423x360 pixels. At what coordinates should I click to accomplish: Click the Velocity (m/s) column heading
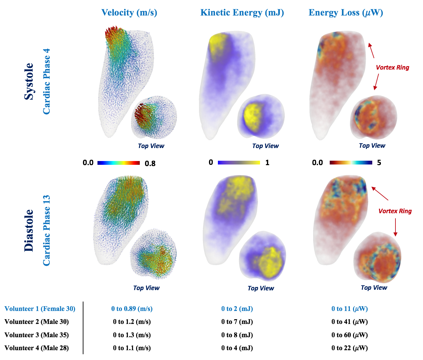pyautogui.click(x=129, y=13)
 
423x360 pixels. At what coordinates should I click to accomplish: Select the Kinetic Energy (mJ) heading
pyautogui.click(x=242, y=13)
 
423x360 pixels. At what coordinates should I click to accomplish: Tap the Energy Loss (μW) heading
pyautogui.click(x=346, y=13)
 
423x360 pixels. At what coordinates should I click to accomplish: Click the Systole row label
pyautogui.click(x=29, y=81)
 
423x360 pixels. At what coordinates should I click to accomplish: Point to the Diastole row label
pyautogui.click(x=29, y=230)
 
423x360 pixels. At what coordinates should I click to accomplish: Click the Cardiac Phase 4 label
pyautogui.click(x=47, y=81)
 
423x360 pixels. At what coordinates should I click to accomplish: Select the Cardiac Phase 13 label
pyautogui.click(x=47, y=230)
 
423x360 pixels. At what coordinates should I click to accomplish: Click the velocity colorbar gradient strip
pyautogui.click(x=118, y=163)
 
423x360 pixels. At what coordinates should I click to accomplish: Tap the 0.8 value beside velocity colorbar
pyautogui.click(x=150, y=164)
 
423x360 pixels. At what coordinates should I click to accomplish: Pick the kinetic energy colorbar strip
pyautogui.click(x=239, y=163)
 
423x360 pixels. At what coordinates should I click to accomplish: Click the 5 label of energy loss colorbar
pyautogui.click(x=379, y=163)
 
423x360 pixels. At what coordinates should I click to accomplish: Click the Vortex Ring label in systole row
pyautogui.click(x=392, y=67)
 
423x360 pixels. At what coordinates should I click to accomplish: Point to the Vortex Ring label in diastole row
pyautogui.click(x=395, y=211)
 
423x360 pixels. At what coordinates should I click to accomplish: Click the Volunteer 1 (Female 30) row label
pyautogui.click(x=40, y=309)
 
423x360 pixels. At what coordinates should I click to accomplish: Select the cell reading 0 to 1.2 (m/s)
pyautogui.click(x=132, y=322)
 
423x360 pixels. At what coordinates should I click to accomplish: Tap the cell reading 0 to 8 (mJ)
pyautogui.click(x=237, y=335)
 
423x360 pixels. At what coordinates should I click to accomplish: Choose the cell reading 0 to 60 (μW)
pyautogui.click(x=350, y=335)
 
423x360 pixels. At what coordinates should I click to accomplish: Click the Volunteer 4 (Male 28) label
pyautogui.click(x=36, y=348)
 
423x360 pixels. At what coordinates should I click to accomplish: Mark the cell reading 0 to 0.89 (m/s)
pyautogui.click(x=132, y=309)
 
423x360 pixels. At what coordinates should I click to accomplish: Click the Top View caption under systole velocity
pyautogui.click(x=151, y=146)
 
